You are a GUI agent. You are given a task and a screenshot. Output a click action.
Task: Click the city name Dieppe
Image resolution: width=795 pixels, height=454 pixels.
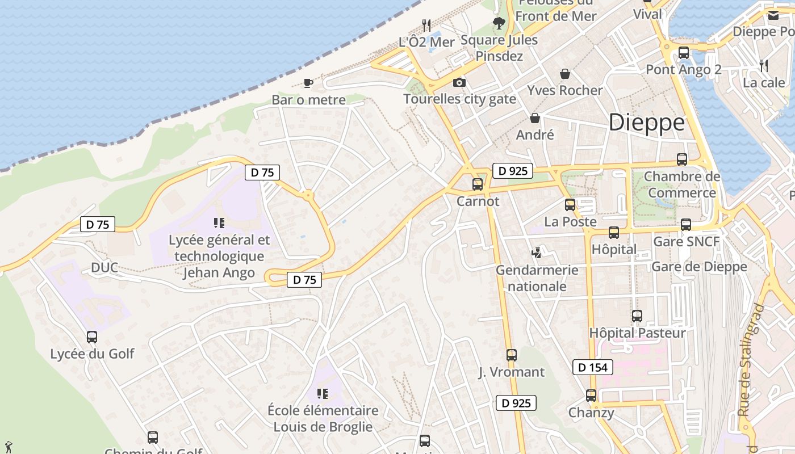point(646,123)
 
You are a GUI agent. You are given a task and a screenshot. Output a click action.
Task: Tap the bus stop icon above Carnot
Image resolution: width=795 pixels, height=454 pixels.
point(477,184)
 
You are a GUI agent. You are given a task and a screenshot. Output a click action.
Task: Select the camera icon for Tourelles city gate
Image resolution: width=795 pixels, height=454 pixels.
point(459,83)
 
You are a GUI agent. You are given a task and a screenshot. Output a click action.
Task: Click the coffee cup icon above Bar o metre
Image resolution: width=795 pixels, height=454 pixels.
point(308,83)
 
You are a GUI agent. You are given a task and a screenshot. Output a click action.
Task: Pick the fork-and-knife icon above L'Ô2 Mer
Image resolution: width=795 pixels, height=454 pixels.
point(426,25)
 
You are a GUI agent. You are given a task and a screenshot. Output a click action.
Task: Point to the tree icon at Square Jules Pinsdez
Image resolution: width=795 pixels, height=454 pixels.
point(499,23)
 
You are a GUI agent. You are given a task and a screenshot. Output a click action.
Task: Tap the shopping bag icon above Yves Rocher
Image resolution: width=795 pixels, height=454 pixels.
point(564,74)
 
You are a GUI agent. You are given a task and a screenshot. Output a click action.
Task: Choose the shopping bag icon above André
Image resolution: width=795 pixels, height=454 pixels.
point(534,118)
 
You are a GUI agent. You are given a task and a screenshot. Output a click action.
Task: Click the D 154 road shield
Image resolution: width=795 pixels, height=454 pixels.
point(593,367)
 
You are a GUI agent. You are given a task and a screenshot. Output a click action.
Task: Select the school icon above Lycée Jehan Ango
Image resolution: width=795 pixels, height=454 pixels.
point(219,223)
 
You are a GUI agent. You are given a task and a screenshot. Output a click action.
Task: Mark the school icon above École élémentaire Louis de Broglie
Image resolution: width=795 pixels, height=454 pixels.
point(323,393)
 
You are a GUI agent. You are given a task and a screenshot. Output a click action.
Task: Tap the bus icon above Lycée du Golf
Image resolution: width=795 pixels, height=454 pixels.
point(92,337)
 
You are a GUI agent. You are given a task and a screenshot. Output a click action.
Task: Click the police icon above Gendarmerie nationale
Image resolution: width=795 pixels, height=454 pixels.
point(536,253)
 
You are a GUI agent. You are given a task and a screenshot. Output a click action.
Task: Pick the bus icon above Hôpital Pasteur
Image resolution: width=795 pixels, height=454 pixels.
point(637,316)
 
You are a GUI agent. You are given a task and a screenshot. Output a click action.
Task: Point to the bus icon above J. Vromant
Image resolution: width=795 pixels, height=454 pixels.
point(511,355)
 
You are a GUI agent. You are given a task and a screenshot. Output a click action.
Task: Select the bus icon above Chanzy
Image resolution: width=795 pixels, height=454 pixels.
point(591,396)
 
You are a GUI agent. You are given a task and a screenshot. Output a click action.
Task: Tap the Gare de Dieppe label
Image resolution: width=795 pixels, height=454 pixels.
point(699,267)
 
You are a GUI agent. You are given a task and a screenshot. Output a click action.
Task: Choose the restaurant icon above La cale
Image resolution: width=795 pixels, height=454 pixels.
point(764,66)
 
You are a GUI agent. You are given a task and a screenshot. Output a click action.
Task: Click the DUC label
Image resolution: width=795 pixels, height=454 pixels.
point(104,267)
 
